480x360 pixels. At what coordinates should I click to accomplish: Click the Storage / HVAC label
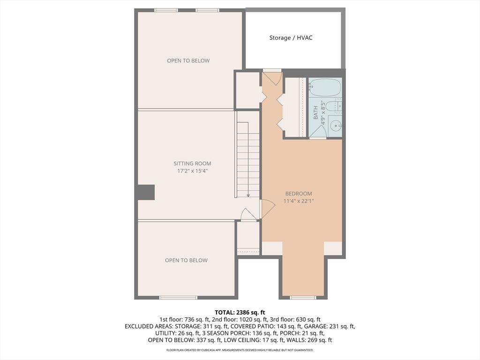pos(291,38)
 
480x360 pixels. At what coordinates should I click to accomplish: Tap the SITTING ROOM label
pos(192,164)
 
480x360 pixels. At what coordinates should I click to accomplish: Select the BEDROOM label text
pos(299,194)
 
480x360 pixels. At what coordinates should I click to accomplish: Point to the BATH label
pos(315,112)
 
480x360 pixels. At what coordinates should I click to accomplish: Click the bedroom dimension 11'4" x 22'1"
pos(299,201)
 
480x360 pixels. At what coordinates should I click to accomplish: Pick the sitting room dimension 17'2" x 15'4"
pos(192,171)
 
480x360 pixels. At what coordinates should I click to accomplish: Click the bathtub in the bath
pos(324,88)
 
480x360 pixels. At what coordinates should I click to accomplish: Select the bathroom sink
pos(336,126)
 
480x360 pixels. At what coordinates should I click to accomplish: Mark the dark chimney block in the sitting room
pos(146,192)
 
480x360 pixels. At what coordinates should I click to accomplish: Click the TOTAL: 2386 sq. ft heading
pos(240,313)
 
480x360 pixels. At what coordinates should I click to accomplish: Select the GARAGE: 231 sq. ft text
pos(330,326)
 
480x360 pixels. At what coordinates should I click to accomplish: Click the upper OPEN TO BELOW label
pos(188,60)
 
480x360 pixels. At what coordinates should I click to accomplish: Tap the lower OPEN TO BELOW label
pos(186,260)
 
